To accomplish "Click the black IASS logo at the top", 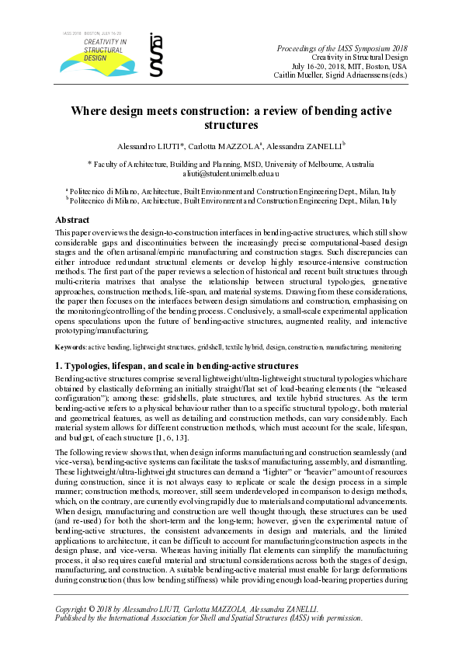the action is pyautogui.click(x=156, y=56).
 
